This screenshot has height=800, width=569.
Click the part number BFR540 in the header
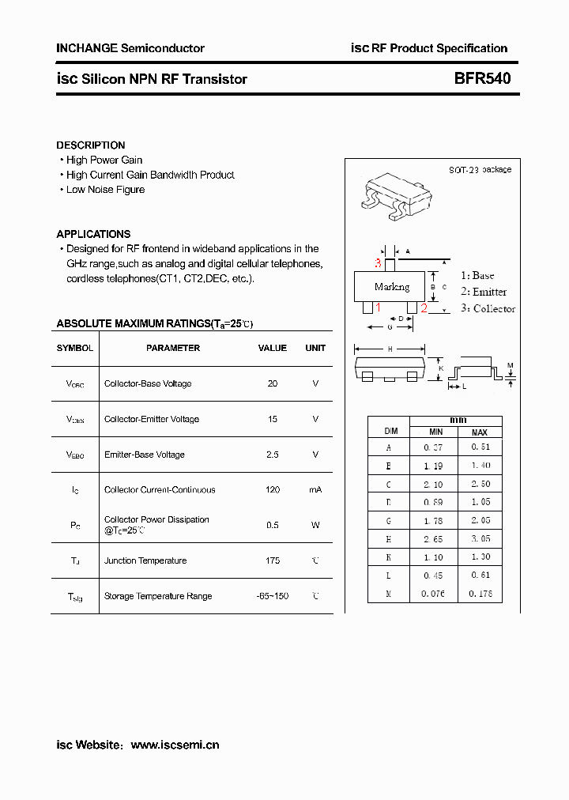[x=471, y=79]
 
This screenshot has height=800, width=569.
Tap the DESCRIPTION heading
[x=91, y=145]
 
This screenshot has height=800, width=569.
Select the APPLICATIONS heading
[x=93, y=234]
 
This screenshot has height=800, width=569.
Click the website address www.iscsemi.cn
[x=175, y=745]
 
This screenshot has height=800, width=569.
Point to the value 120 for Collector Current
[x=273, y=490]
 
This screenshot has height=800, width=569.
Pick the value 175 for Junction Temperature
[x=273, y=560]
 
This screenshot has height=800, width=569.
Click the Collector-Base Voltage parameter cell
[x=148, y=384]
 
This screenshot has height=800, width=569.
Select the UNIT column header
[x=315, y=348]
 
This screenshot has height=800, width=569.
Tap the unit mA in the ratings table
[x=315, y=490]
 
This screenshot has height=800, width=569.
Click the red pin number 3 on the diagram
[x=379, y=263]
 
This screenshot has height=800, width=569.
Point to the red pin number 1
[x=378, y=308]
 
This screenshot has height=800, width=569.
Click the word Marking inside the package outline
[x=392, y=287]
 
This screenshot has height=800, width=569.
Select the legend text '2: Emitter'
[x=484, y=292]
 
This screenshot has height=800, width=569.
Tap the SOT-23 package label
[x=480, y=170]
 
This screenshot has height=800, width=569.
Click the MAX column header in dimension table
[x=479, y=432]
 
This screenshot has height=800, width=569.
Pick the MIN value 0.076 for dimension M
[x=435, y=594]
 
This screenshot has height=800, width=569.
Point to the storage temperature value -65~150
[x=273, y=596]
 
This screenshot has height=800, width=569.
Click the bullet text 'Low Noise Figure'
[x=105, y=190]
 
